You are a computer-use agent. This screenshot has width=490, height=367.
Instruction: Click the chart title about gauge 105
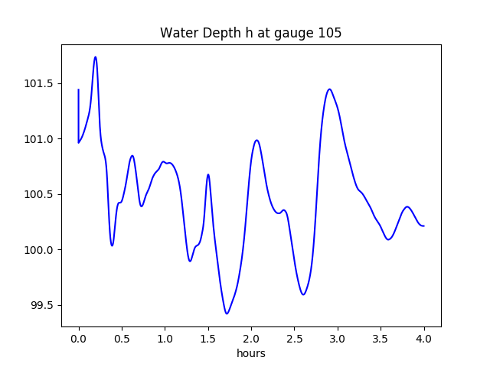250,33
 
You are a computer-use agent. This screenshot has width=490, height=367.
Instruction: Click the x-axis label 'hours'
250,354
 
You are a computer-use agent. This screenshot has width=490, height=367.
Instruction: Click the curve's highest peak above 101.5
95,57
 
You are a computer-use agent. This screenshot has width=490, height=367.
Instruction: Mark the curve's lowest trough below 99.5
227,313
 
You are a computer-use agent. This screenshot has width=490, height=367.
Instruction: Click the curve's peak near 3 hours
329,89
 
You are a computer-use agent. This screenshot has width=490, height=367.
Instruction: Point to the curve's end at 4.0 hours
424,226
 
